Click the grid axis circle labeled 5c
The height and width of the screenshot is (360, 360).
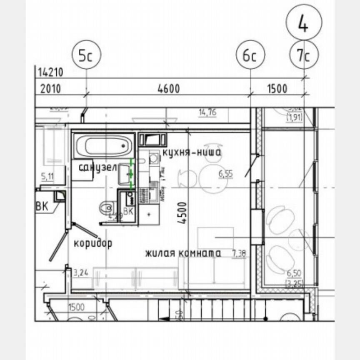tap(86, 56)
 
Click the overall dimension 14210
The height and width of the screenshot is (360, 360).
tap(50, 72)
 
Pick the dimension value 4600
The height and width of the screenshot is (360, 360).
tap(168, 89)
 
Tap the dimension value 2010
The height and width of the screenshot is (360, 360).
tap(50, 89)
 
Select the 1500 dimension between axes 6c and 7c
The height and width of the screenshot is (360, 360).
tap(277, 89)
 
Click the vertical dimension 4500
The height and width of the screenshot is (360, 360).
tap(182, 213)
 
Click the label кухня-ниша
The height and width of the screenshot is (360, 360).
tap(192, 153)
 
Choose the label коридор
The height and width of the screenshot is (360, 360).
tap(93, 243)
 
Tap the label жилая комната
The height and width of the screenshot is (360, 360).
tap(182, 253)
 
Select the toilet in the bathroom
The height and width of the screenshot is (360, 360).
tap(107, 207)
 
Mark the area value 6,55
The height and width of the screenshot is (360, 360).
tap(225, 174)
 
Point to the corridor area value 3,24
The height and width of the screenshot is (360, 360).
tap(81, 273)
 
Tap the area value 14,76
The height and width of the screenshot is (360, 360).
tap(207, 112)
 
